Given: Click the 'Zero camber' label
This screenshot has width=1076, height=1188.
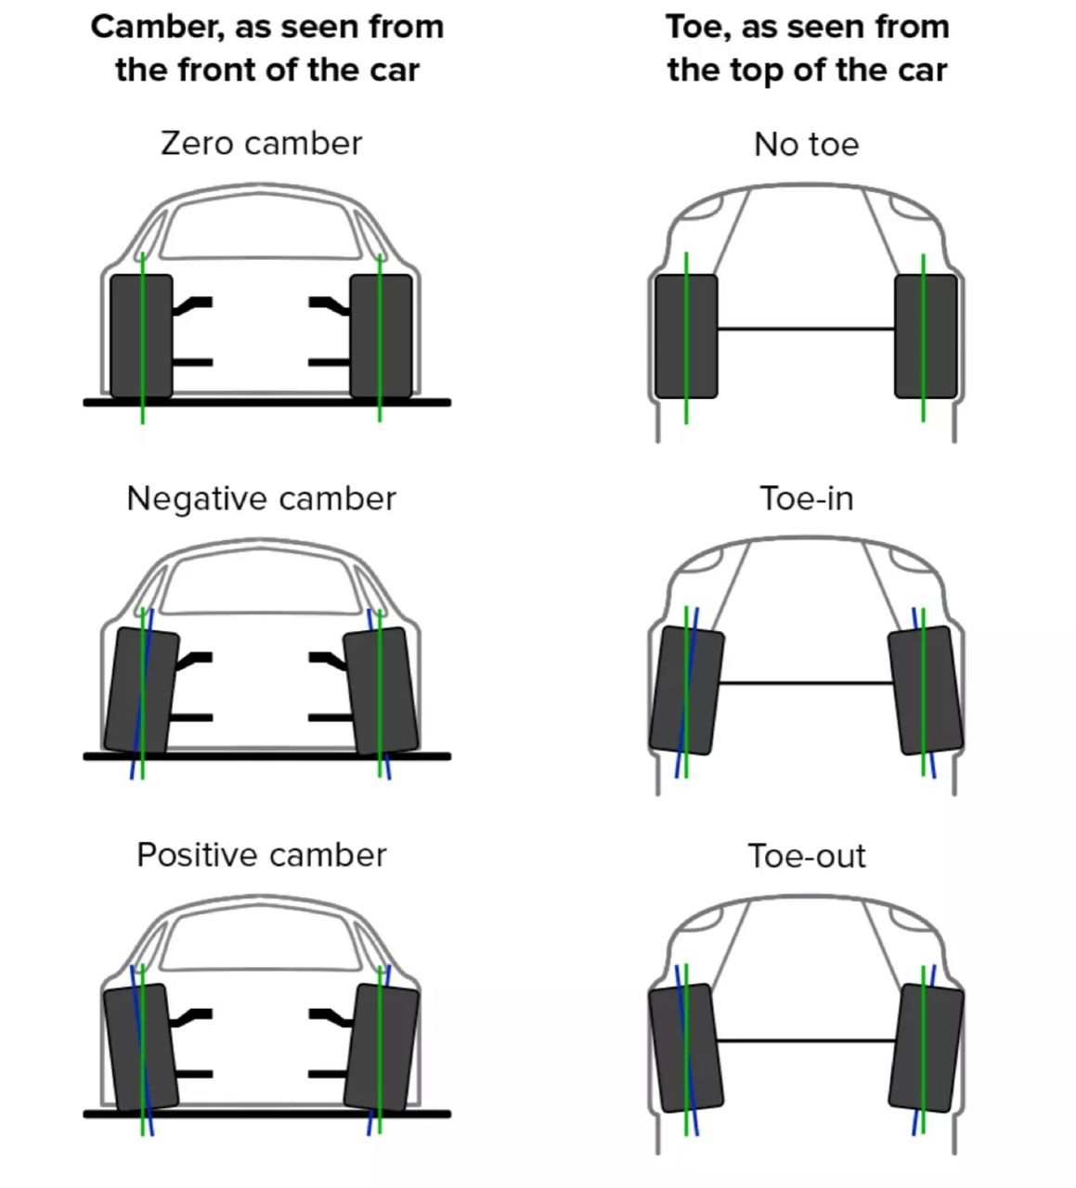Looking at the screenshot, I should (261, 144).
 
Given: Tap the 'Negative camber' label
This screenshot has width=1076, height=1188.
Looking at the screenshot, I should (261, 499).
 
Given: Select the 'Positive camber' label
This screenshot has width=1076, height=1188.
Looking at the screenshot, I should (261, 855).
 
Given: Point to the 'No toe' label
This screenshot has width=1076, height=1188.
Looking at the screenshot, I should (806, 145).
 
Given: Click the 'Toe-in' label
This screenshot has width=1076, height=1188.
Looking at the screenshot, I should (806, 499).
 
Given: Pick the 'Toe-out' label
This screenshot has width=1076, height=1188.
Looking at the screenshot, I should (806, 856).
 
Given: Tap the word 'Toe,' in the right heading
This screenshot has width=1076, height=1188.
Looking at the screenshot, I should (698, 27).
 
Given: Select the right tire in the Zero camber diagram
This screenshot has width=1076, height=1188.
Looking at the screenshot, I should (381, 336).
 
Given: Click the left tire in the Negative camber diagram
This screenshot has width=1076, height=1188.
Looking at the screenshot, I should (141, 690).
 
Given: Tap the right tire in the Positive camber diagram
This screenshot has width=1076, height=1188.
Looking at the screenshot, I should (381, 1047).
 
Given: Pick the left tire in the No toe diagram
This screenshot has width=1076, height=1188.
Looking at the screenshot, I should (686, 336).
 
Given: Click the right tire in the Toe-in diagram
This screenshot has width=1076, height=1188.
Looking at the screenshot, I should (925, 690).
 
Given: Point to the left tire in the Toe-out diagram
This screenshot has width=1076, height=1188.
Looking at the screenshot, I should (685, 1047).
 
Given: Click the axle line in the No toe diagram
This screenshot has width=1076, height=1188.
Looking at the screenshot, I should (806, 329).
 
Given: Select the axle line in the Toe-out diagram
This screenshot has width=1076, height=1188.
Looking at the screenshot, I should (806, 1040).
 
